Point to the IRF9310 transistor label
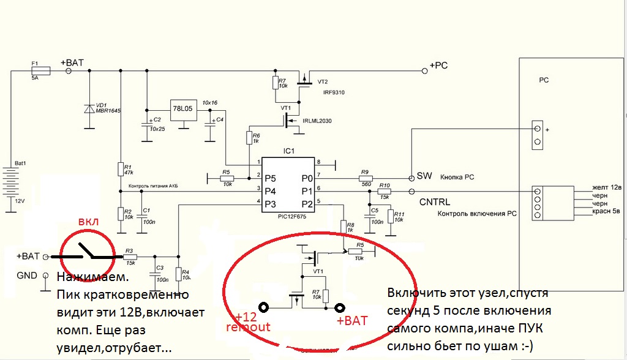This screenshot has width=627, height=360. [x=326, y=91]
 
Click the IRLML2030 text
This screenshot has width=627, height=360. [x=317, y=122]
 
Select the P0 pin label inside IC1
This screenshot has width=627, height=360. [x=307, y=178]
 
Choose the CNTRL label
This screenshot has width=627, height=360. [x=435, y=202]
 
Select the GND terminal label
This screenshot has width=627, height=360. [x=26, y=276]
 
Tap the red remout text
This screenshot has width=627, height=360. [x=247, y=328]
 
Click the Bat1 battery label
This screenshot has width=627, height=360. [x=20, y=164]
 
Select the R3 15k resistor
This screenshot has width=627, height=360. [x=129, y=257]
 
